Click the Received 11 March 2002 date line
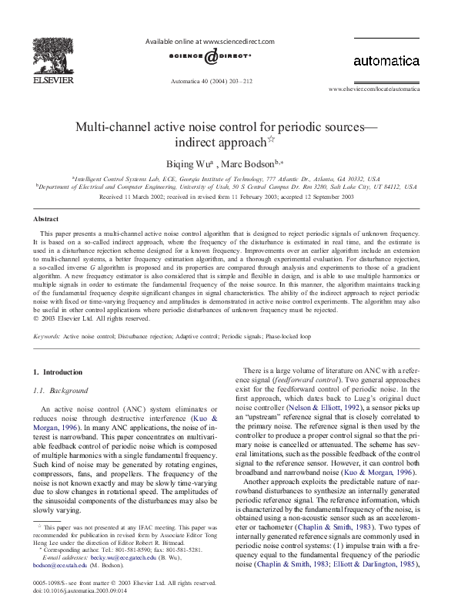(227, 197)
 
